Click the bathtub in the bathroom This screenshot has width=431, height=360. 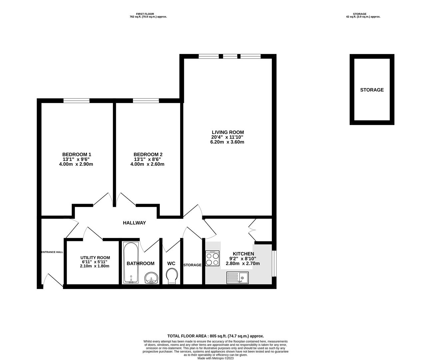(x=131, y=263)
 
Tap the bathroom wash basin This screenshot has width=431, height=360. (x=151, y=278)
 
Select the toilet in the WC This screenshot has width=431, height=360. (x=172, y=276)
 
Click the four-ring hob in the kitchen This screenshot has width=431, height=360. (x=212, y=258)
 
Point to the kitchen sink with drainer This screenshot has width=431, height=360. (x=237, y=278)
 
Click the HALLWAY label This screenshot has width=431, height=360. (x=134, y=223)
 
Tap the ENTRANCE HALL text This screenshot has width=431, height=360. (x=52, y=252)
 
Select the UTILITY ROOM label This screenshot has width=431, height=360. (x=95, y=258)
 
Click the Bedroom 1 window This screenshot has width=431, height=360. (x=76, y=101)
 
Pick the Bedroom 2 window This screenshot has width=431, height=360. (x=146, y=101)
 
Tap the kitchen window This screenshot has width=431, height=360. (x=274, y=264)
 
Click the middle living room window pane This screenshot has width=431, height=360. (x=230, y=56)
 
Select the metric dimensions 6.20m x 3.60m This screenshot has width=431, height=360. (x=227, y=142)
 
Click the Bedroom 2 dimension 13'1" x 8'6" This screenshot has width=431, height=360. (x=147, y=159)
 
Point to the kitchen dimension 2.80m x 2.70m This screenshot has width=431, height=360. (x=243, y=264)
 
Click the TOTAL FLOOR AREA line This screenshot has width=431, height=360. (x=215, y=336)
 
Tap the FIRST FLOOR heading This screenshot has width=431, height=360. (x=145, y=14)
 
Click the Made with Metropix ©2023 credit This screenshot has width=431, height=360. (x=215, y=358)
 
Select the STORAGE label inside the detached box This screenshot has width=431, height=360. (x=372, y=90)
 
